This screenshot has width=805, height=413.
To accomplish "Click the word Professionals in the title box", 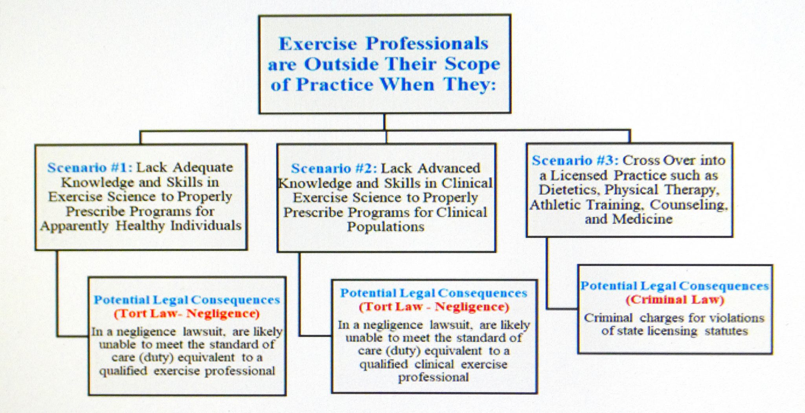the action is click(427, 44).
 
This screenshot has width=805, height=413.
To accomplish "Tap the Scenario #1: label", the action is click(90, 168).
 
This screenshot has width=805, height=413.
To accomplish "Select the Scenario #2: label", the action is click(334, 169).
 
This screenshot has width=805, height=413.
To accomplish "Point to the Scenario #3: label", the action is click(575, 160).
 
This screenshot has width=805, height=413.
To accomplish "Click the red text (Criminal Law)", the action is click(675, 300).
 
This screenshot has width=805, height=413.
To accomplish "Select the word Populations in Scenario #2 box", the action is click(386, 227).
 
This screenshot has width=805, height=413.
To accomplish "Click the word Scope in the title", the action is click(472, 64).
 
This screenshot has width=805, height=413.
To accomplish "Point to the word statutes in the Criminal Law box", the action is click(726, 331).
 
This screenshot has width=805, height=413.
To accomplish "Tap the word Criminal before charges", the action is click(608, 318).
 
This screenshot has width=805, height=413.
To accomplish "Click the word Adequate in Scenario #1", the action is click(203, 168).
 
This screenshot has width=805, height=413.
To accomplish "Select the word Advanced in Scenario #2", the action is click(449, 169).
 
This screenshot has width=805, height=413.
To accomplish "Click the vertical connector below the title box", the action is click(384, 122).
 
